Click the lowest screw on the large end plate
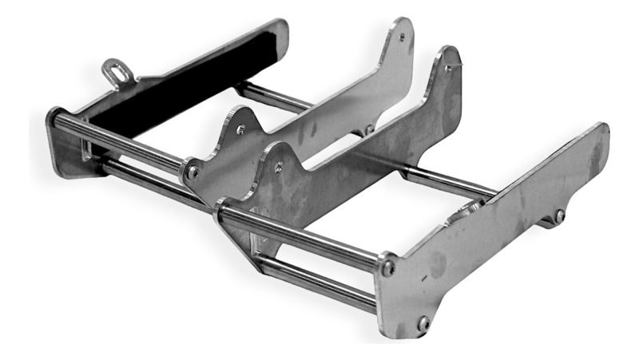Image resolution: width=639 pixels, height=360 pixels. (x=423, y=323)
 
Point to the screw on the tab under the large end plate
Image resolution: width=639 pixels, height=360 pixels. (x=560, y=216)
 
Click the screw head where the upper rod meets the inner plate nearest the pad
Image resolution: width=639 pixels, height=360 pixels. (x=192, y=171)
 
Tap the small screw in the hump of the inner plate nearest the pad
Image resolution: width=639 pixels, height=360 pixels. (x=240, y=129)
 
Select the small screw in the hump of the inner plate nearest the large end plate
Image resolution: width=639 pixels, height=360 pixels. (x=278, y=167)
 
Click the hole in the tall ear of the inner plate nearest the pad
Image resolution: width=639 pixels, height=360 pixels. (x=401, y=37)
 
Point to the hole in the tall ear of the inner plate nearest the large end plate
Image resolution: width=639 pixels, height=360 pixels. (x=447, y=67)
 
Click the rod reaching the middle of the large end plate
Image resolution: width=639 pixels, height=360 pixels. (x=447, y=182)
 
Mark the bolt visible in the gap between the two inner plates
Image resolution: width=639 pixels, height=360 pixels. (x=369, y=130)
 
